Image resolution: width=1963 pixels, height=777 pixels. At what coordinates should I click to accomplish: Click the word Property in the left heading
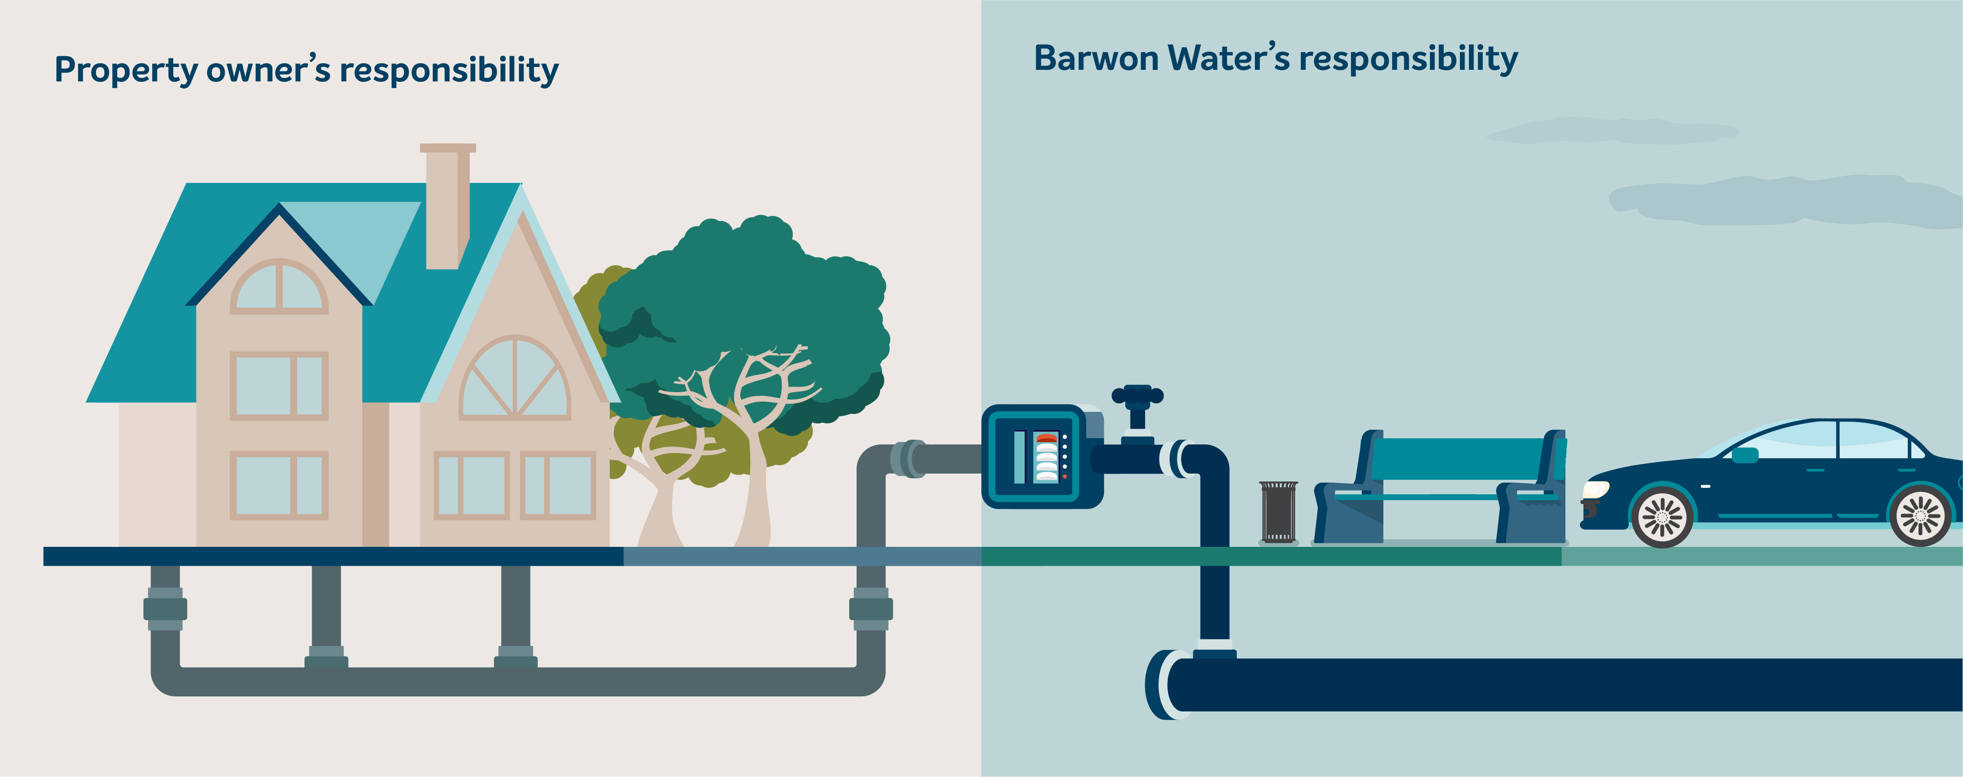[126, 70]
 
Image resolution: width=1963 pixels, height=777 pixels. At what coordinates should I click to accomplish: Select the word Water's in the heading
[1228, 59]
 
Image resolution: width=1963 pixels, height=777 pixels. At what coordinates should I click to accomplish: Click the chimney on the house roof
[447, 206]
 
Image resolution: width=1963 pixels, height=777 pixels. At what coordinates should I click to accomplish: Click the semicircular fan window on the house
[515, 378]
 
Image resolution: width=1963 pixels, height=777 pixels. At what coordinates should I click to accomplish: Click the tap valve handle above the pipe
[1137, 395]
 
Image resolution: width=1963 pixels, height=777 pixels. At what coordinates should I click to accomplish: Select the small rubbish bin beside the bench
[1278, 512]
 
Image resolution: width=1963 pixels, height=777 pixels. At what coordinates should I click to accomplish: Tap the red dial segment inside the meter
[1047, 438]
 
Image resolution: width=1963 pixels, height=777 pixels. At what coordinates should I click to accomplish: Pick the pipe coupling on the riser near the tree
[870, 609]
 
